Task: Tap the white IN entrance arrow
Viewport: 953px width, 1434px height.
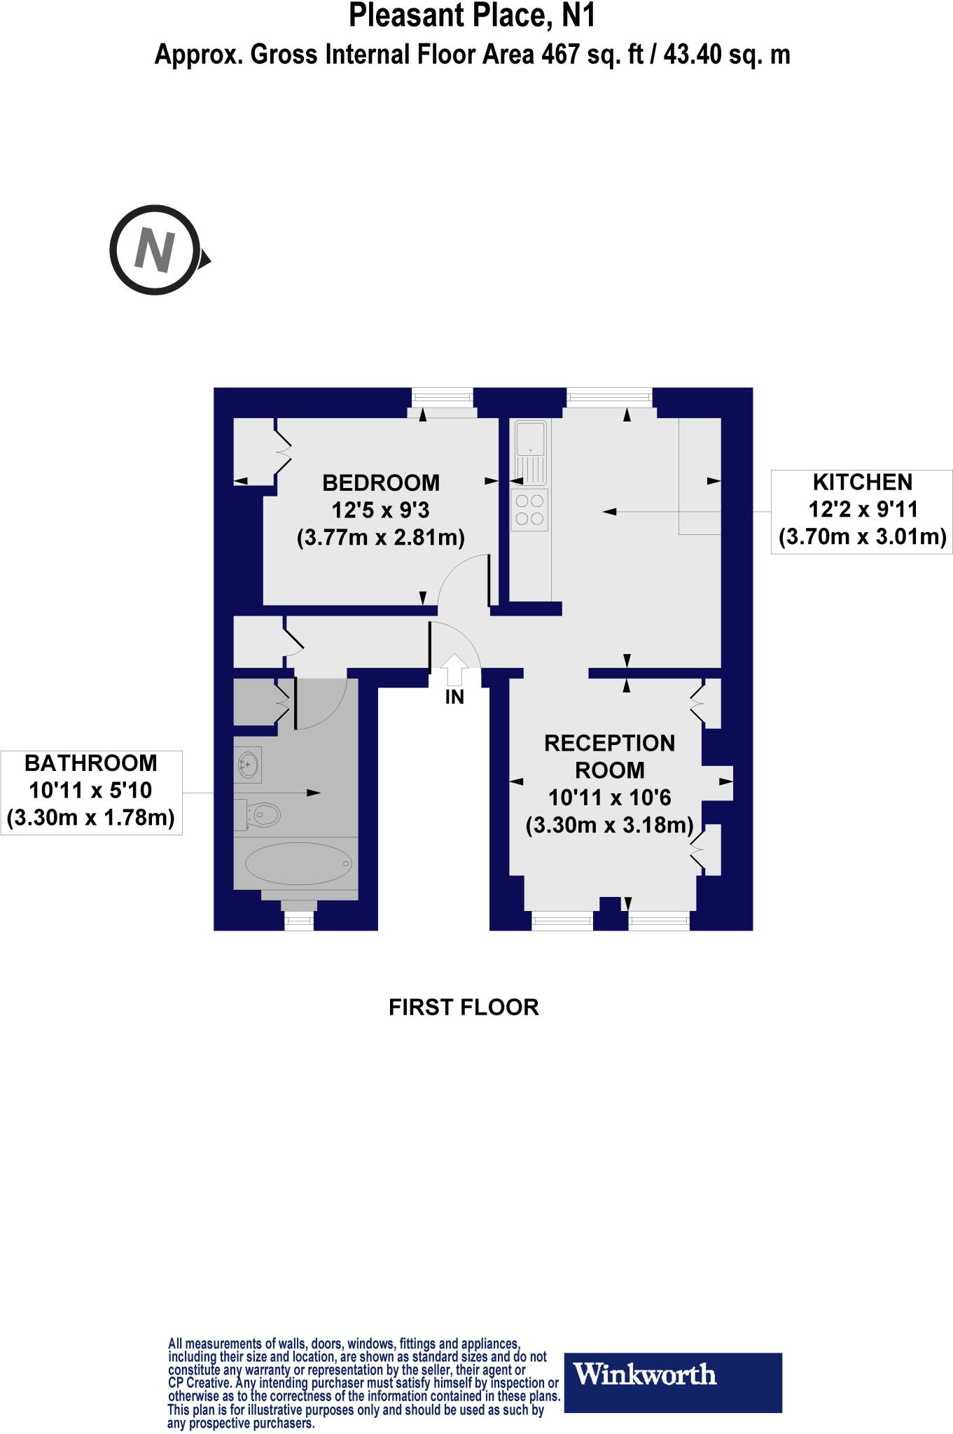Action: [x=455, y=669]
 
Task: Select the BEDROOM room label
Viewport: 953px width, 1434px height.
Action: [x=381, y=482]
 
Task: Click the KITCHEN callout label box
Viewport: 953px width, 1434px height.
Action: [x=862, y=510]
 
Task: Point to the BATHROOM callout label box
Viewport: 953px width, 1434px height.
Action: [x=91, y=791]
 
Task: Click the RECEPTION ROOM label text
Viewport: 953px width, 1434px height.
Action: [x=609, y=756]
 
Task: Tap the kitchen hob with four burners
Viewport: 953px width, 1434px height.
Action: [x=530, y=509]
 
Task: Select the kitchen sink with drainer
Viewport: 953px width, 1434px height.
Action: [x=530, y=452]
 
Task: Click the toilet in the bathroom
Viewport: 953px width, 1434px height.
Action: [x=260, y=814]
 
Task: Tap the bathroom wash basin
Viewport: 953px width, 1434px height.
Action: [x=249, y=764]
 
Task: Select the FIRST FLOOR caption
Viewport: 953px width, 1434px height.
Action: [x=464, y=1007]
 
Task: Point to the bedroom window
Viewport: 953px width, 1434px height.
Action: [x=442, y=398]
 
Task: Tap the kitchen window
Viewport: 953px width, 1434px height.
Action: [x=609, y=398]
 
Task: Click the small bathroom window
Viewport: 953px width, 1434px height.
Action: [x=299, y=922]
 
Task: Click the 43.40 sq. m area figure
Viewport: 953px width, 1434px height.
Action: [x=726, y=55]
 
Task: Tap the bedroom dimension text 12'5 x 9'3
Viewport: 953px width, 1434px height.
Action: [x=381, y=510]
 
